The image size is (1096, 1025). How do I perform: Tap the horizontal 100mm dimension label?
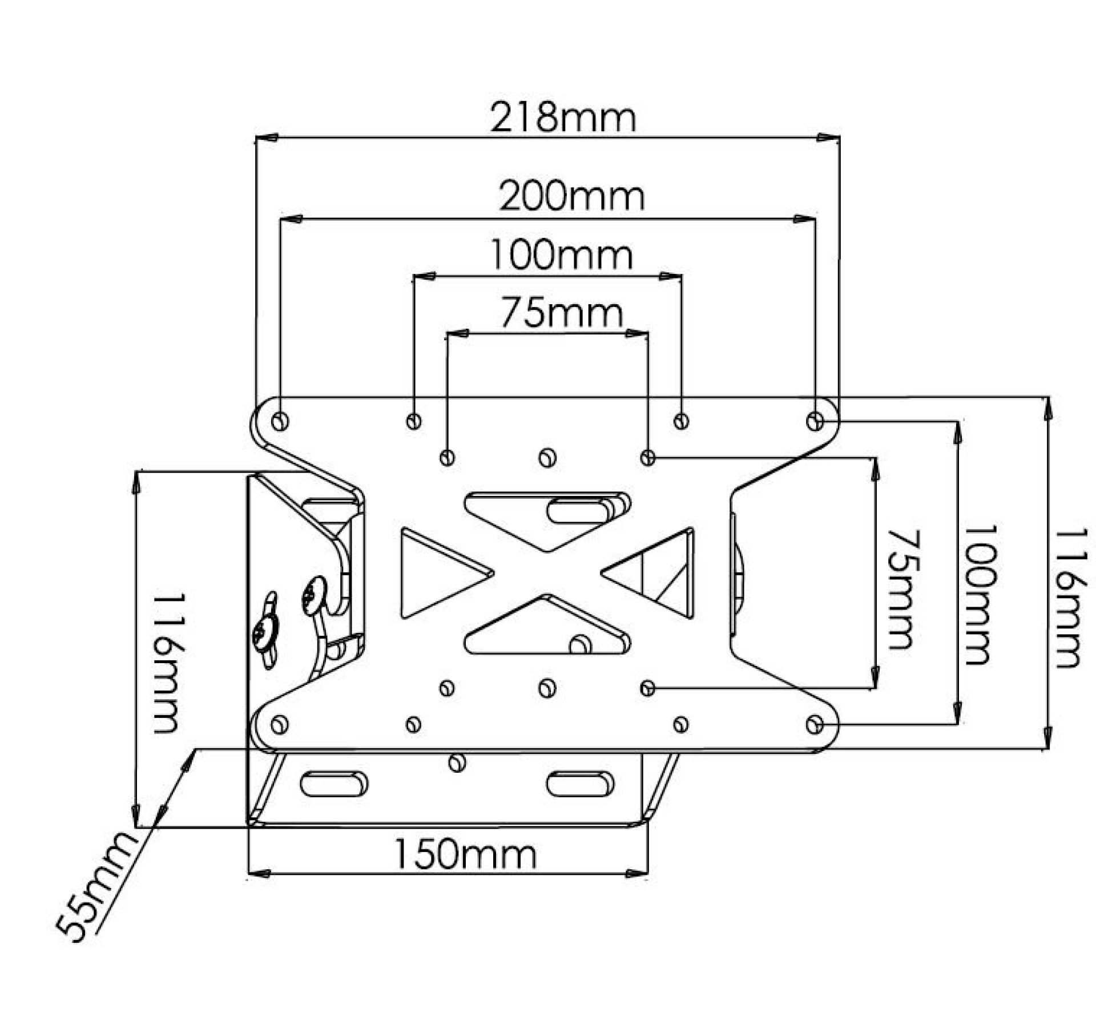coord(561,255)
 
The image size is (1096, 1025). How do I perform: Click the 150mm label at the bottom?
coord(465,854)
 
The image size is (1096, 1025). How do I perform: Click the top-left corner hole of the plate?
coord(280,422)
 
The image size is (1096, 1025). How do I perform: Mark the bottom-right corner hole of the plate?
coord(815,725)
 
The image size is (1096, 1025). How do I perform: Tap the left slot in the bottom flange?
coord(333,784)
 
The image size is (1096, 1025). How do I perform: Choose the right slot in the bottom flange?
coord(580,784)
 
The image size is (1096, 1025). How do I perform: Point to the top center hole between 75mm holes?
coord(547,457)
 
